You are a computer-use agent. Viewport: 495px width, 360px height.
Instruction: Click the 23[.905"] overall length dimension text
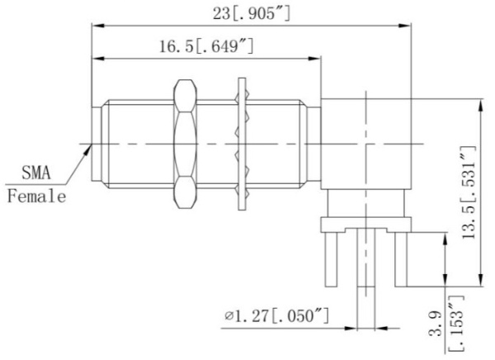(x=251, y=13)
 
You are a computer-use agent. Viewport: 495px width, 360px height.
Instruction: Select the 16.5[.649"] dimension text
(x=206, y=46)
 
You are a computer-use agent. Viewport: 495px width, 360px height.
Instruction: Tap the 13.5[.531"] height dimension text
(x=469, y=192)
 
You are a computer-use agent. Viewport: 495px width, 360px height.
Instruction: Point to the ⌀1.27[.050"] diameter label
(x=276, y=315)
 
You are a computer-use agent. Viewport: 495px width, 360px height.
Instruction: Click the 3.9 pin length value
(x=436, y=323)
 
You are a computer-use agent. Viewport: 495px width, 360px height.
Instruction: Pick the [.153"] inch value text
(x=456, y=324)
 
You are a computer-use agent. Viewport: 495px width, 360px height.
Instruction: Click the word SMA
(x=36, y=173)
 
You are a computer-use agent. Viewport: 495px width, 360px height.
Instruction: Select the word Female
(x=36, y=196)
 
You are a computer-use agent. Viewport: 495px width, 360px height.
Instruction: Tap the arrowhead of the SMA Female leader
(x=88, y=149)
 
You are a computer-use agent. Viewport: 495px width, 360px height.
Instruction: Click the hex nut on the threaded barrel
(x=185, y=144)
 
